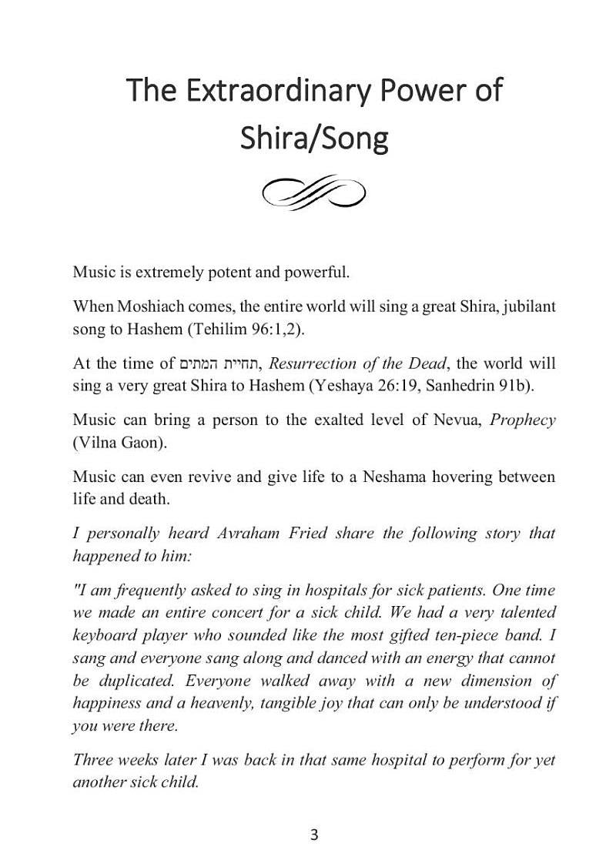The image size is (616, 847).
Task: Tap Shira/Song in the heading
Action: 314,139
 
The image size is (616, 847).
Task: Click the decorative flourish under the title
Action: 314,192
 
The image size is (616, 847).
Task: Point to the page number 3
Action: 313,835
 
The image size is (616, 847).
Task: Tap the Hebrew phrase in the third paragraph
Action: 219,363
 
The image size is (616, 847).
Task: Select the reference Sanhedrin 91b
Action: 448,385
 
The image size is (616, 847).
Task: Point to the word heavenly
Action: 219,703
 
